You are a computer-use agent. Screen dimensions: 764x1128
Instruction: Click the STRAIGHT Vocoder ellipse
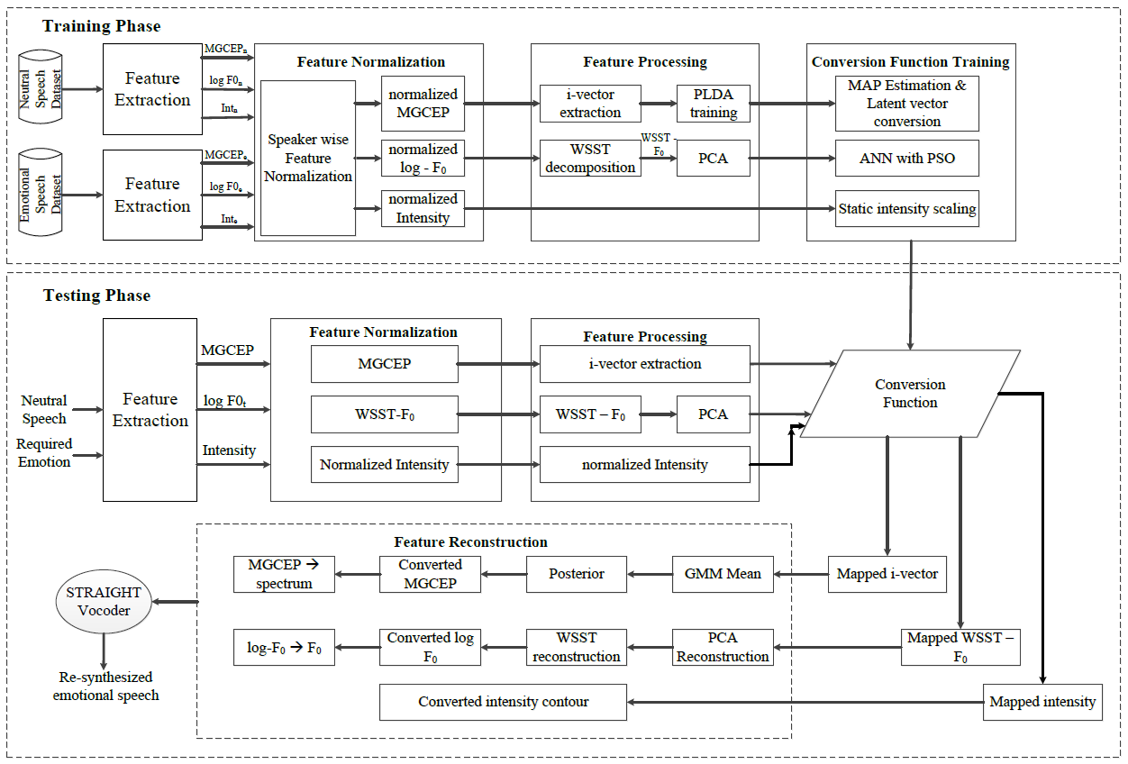pyautogui.click(x=104, y=601)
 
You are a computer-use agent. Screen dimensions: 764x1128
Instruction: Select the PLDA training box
pyautogui.click(x=713, y=104)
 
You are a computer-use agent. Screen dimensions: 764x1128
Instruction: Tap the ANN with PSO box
pyautogui.click(x=906, y=159)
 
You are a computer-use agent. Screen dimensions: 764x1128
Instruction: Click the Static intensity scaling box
pyautogui.click(x=906, y=209)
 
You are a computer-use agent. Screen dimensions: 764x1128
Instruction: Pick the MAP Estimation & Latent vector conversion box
pyautogui.click(x=906, y=104)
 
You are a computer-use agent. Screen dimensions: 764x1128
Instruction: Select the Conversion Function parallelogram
pyautogui.click(x=910, y=394)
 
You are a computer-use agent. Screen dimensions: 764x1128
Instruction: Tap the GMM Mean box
pyautogui.click(x=723, y=574)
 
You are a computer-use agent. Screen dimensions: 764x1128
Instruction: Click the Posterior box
pyautogui.click(x=577, y=574)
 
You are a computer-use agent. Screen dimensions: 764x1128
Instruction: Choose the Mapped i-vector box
pyautogui.click(x=887, y=574)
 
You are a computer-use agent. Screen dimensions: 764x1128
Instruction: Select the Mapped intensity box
pyautogui.click(x=1042, y=702)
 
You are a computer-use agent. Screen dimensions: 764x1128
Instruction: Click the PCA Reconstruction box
pyautogui.click(x=723, y=648)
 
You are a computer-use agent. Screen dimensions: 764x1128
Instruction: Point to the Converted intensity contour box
pyautogui.click(x=503, y=702)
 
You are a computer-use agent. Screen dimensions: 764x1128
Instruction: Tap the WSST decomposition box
pyautogui.click(x=590, y=159)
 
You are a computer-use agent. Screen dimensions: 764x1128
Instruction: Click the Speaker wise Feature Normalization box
pyautogui.click(x=308, y=158)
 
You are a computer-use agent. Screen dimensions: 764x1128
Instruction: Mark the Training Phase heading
pyautogui.click(x=102, y=26)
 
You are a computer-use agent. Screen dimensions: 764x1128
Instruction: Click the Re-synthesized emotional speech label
pyautogui.click(x=105, y=686)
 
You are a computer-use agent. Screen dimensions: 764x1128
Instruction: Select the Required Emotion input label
pyautogui.click(x=44, y=453)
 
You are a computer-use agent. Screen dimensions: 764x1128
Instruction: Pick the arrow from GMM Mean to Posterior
pyautogui.click(x=649, y=574)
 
